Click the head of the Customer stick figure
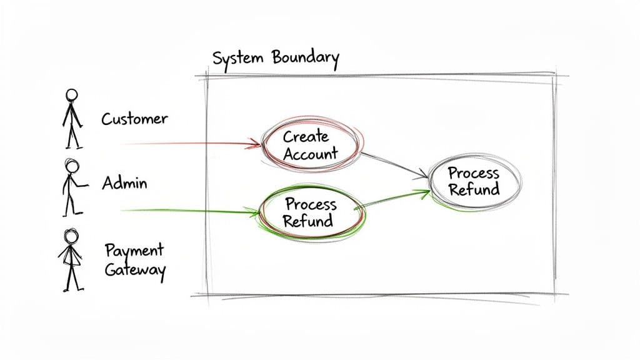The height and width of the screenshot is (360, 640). [72, 95]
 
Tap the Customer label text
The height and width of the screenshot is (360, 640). [134, 118]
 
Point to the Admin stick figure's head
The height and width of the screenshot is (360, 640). [72, 166]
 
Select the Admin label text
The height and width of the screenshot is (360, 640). [124, 183]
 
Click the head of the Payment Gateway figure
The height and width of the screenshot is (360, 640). [71, 237]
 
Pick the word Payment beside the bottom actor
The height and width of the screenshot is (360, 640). [134, 251]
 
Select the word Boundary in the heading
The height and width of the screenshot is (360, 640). [306, 58]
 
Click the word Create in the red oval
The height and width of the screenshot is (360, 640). [306, 136]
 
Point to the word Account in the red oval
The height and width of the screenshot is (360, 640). [310, 153]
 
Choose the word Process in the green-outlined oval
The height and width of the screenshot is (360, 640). [310, 204]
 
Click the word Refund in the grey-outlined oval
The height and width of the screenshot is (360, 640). [474, 189]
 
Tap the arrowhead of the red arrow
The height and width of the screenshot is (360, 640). [256, 146]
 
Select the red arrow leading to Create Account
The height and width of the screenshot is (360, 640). [187, 144]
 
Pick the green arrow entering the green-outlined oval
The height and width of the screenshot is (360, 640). [187, 211]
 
